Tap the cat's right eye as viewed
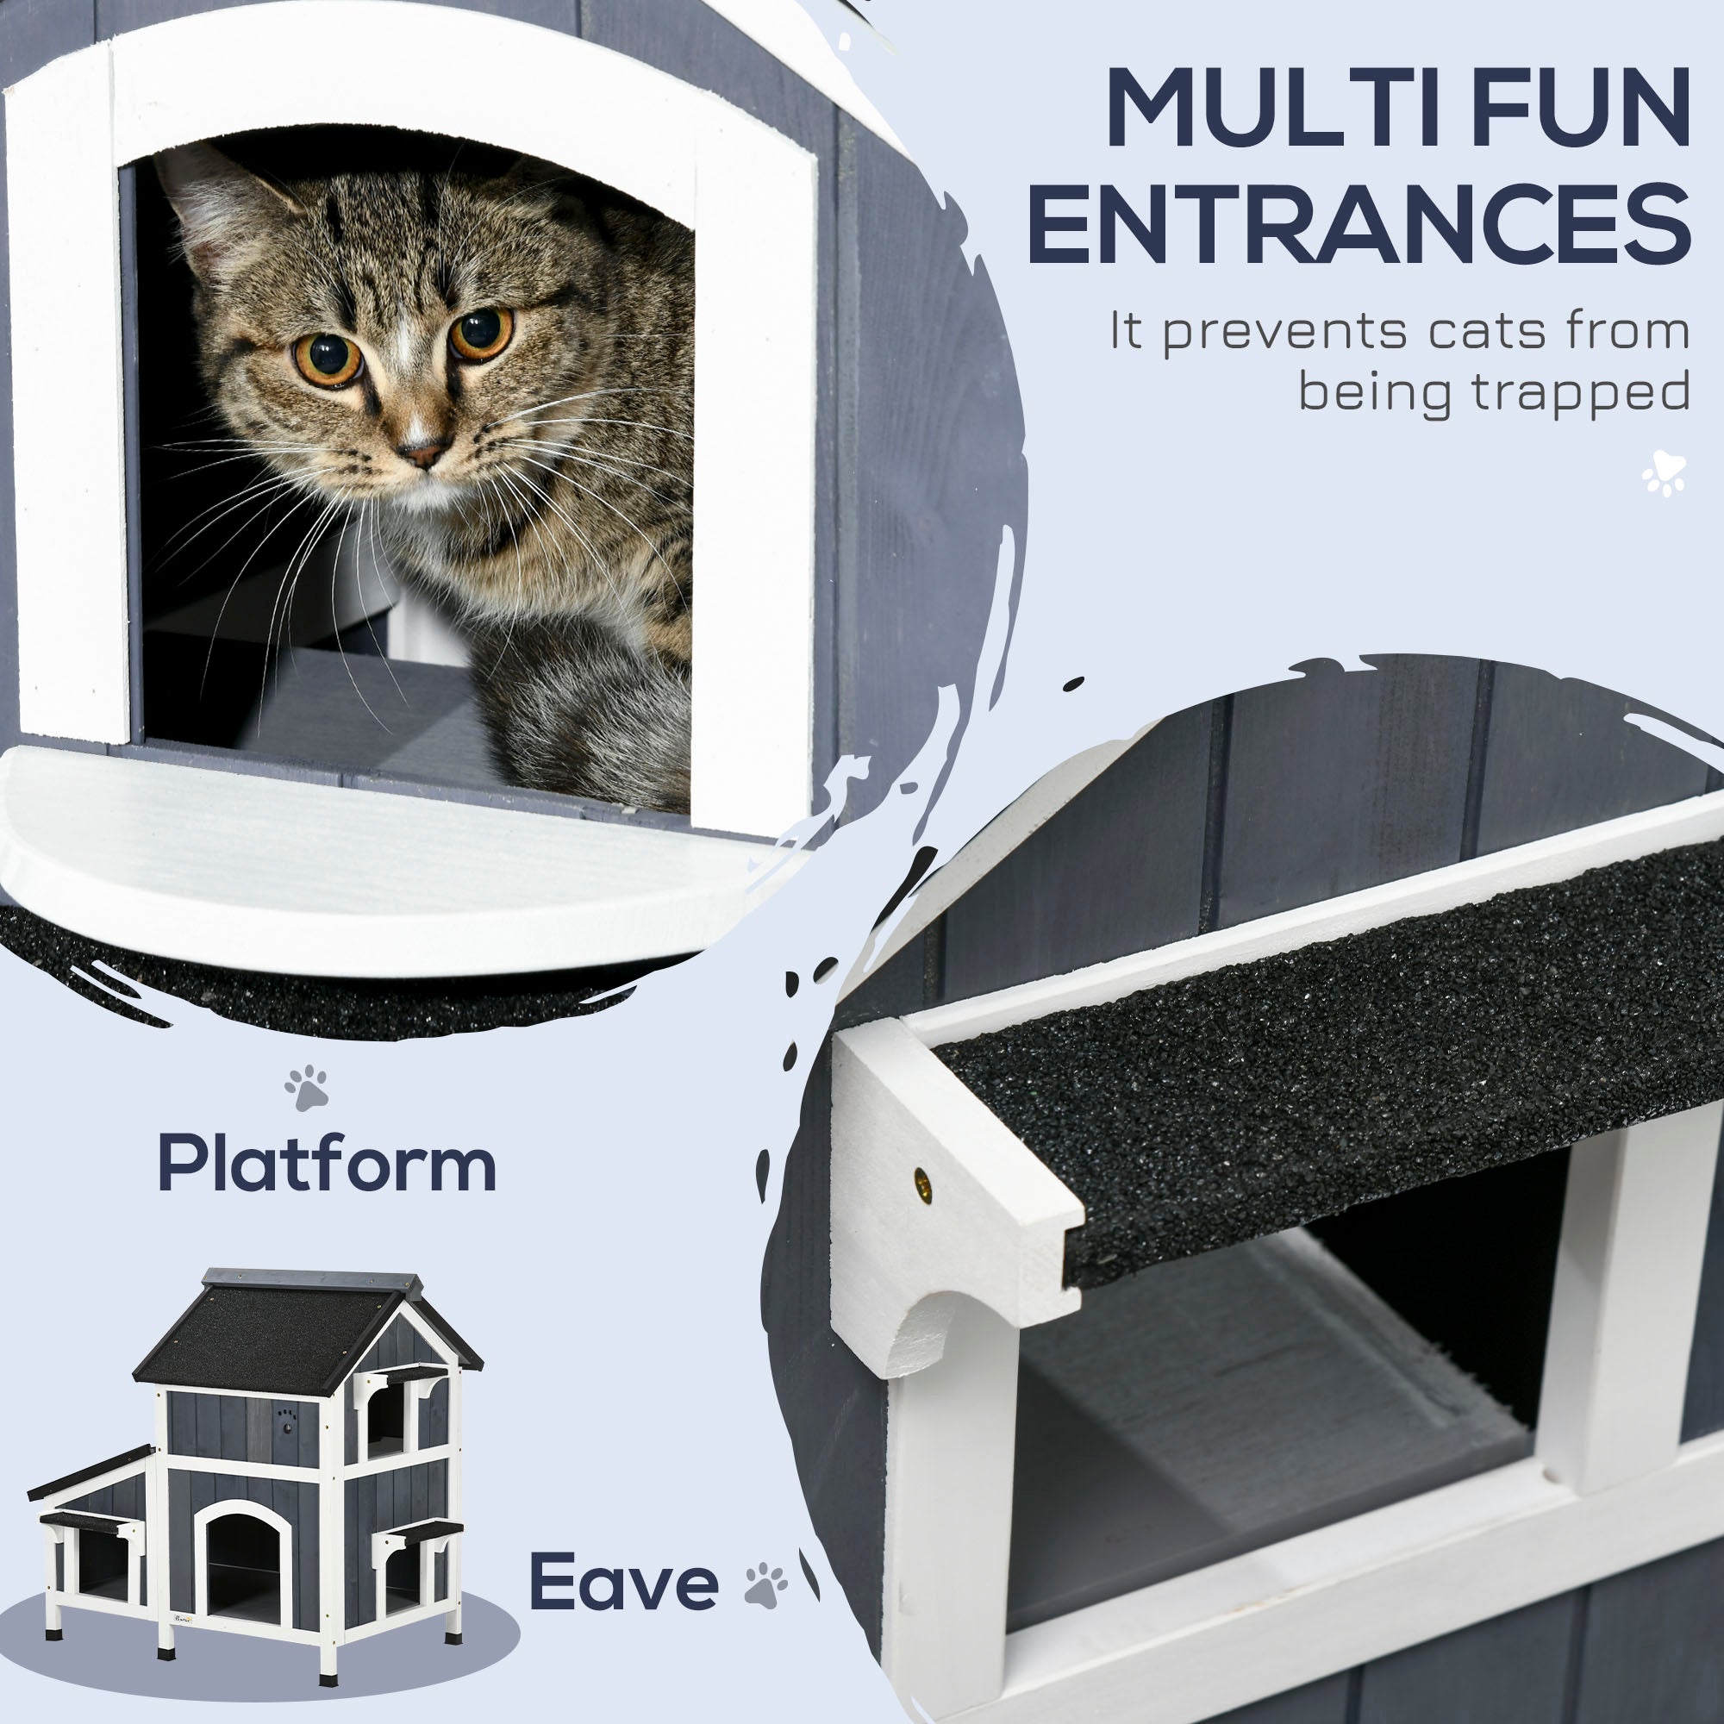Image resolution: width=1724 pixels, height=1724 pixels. point(482,333)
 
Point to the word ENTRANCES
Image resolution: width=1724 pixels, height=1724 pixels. point(1359,222)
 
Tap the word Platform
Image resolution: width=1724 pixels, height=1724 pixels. point(327,1165)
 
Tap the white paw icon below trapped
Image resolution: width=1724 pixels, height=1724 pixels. point(1665,474)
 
